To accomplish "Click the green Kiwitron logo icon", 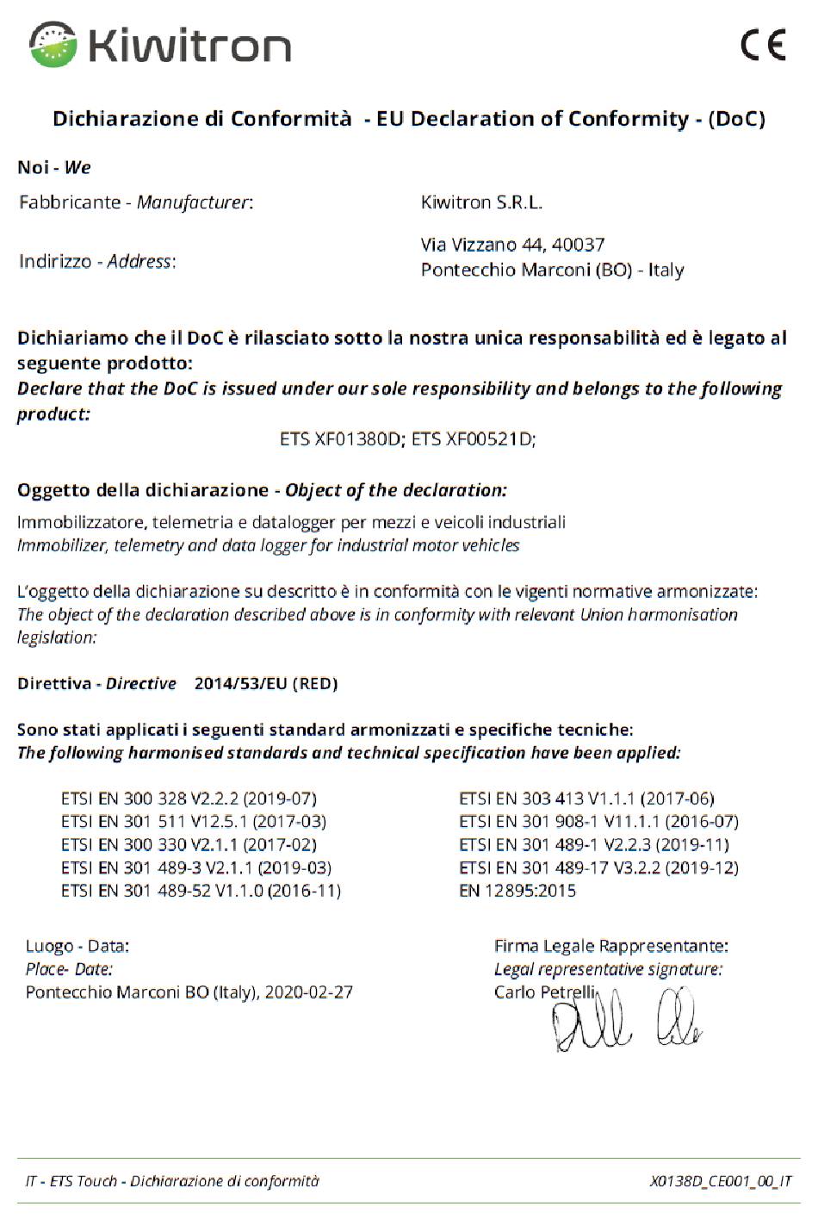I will (x=53, y=44).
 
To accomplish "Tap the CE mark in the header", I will (x=763, y=44).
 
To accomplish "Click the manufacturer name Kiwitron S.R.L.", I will (x=481, y=202).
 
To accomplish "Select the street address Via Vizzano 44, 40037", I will (x=512, y=245).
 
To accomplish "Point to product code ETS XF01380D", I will (x=340, y=439).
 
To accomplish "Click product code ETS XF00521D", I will (x=473, y=439).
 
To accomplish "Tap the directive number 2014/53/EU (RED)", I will (x=266, y=684).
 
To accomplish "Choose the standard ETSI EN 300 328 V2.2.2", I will (x=189, y=799).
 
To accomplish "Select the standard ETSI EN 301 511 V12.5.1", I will (x=194, y=822).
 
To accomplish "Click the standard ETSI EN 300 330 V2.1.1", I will (x=189, y=845).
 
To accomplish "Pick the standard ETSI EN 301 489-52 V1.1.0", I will (x=201, y=891).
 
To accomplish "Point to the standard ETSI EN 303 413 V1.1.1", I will (x=586, y=799).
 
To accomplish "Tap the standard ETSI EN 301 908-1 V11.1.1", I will (x=598, y=822).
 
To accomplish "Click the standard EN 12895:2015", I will (x=517, y=891).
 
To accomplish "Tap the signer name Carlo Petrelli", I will (x=544, y=992).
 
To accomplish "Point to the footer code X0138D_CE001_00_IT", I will (x=720, y=1181).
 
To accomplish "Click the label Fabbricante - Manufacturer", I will (x=136, y=202).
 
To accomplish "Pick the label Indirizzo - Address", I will (x=97, y=261).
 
